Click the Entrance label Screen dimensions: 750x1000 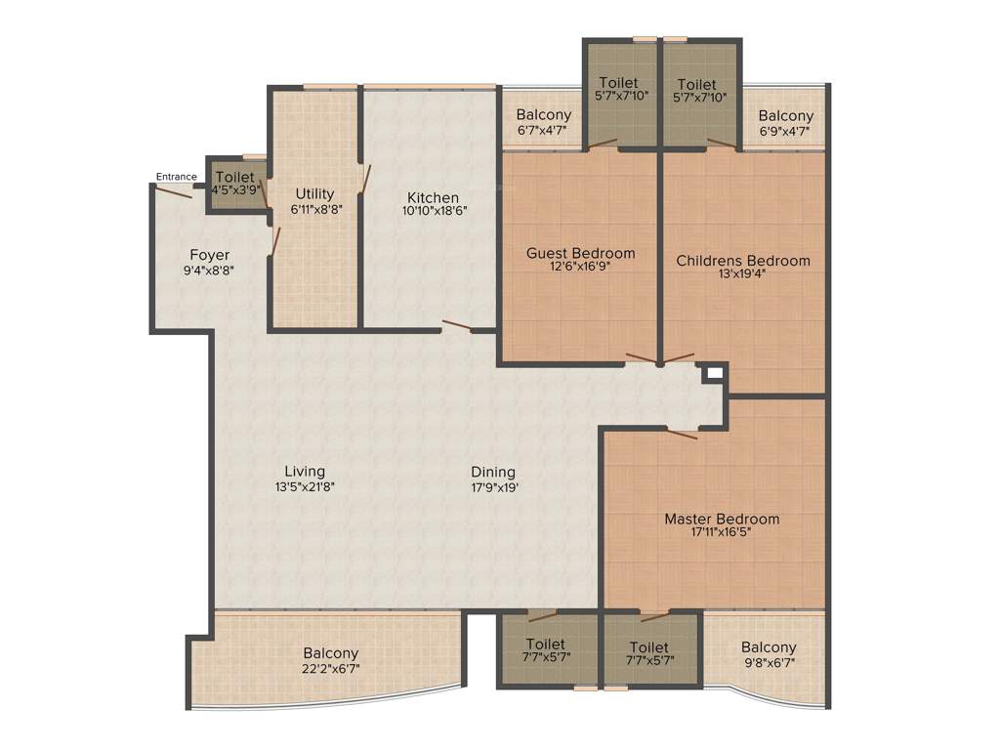point(177,177)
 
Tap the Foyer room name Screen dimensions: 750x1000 point(210,255)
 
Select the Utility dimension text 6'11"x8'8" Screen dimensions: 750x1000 point(316,209)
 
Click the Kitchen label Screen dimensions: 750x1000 point(433,197)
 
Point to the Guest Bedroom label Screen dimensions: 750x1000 point(580,253)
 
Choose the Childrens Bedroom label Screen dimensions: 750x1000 point(743,261)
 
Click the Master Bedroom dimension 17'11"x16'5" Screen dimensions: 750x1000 point(722,533)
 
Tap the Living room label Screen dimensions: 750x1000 point(305,471)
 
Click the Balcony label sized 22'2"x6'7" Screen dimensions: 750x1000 point(330,653)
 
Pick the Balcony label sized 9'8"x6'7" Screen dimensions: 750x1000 point(769,646)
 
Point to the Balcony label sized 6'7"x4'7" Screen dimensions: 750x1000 point(544,115)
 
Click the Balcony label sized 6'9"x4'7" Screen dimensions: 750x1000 point(785,115)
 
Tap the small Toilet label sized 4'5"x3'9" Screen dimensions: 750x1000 point(234,177)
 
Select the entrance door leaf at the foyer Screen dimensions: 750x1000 point(174,191)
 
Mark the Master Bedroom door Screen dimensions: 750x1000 point(681,433)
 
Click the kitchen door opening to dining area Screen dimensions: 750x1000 point(457,326)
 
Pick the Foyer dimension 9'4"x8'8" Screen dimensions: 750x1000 point(210,271)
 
